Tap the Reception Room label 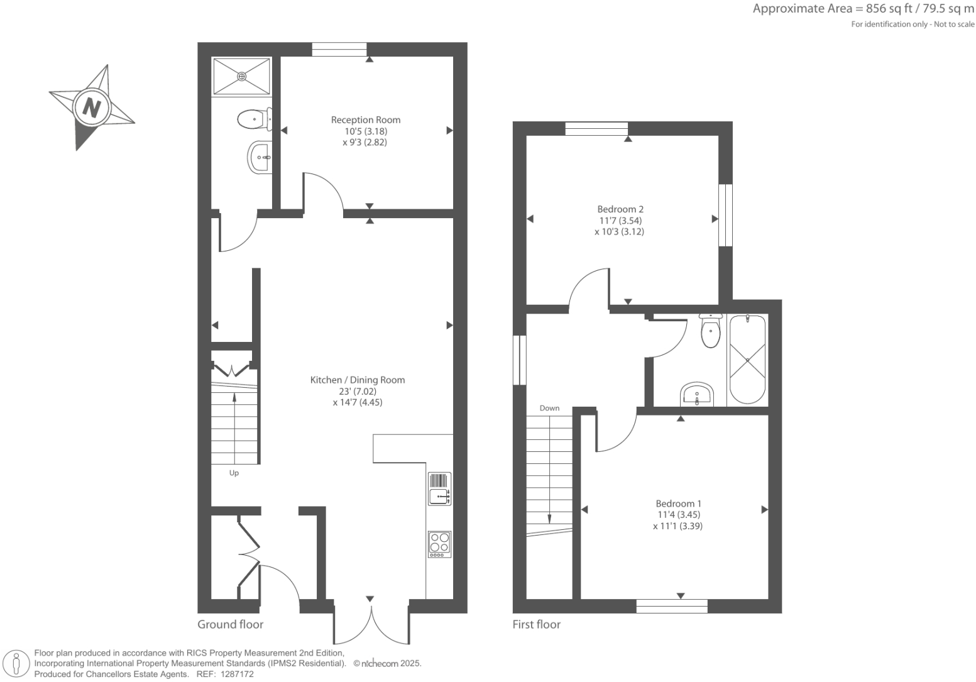[365, 119]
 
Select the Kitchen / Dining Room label [357, 380]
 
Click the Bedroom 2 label [620, 209]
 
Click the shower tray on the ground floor [242, 77]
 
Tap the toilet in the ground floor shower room [253, 119]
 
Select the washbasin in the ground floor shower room [260, 157]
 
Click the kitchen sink [439, 489]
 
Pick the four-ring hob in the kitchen [439, 544]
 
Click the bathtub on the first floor [747, 360]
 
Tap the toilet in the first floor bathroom [710, 331]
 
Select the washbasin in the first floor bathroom [696, 395]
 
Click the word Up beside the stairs [234, 473]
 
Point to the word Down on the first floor [549, 408]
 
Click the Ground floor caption [230, 624]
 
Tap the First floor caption [536, 624]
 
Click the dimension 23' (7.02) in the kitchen [357, 391]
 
